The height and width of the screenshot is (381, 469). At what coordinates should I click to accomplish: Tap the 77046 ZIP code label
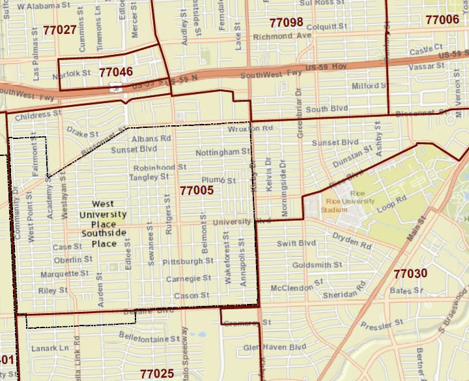point(116,71)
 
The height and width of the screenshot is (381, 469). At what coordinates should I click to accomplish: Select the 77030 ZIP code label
point(410,273)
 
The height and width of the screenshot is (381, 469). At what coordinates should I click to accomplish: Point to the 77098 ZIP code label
point(286,23)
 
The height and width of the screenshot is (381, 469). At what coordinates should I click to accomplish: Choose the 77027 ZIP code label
point(59,29)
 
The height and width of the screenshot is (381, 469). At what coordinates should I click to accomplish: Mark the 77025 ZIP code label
point(157,373)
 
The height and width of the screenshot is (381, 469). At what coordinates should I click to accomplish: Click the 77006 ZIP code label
point(442,20)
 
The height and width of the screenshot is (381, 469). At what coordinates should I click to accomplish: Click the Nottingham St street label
point(222,152)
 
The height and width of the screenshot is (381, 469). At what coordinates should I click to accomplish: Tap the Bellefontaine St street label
point(149,339)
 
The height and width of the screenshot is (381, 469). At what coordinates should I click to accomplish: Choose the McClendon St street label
point(296,286)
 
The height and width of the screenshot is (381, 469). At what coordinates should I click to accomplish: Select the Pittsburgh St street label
point(188,261)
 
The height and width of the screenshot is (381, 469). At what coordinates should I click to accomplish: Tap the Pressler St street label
point(383,324)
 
